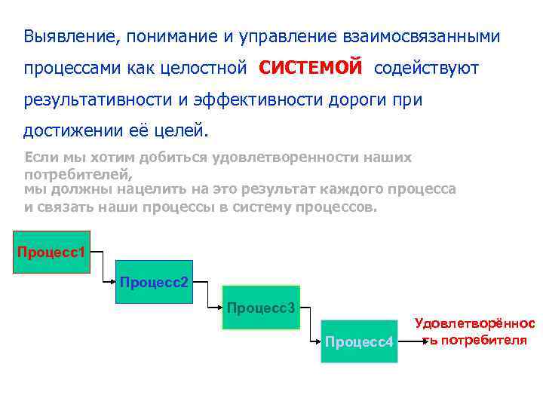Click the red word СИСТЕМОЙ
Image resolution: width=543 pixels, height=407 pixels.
311,67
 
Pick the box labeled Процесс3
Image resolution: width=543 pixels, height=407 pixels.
262,308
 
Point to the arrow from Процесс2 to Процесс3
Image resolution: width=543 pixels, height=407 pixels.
208,295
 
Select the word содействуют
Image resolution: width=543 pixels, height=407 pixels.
426,69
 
